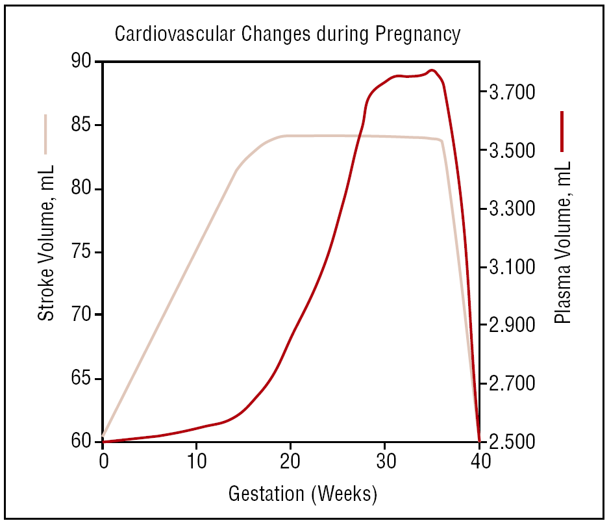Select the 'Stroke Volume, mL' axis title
(46, 243)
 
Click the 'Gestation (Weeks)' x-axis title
(303, 494)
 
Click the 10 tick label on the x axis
(197, 461)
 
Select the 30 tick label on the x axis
(384, 461)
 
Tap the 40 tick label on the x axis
(479, 461)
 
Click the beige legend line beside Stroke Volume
(46, 134)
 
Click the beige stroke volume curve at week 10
(197, 253)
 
